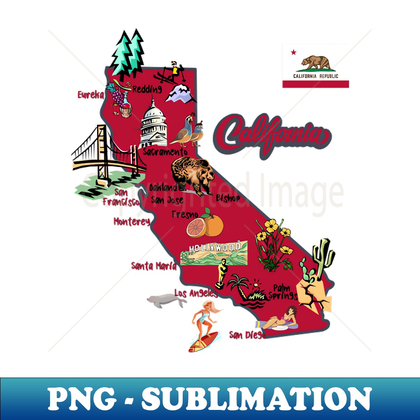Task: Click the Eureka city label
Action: [90, 95]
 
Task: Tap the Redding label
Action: [147, 89]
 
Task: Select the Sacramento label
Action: [165, 152]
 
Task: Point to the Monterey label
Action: [131, 221]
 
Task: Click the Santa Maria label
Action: [153, 266]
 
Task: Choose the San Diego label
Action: [247, 335]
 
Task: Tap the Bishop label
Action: [228, 198]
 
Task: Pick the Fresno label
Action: [185, 215]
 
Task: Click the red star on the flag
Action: [293, 52]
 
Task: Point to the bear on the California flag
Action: [316, 62]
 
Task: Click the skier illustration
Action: [172, 72]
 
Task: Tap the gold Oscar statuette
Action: [221, 273]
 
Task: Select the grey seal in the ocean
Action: [165, 300]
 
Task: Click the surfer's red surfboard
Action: [204, 341]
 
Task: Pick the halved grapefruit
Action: [196, 228]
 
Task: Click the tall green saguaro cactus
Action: [324, 256]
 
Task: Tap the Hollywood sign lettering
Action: [215, 247]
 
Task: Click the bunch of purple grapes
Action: [119, 99]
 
